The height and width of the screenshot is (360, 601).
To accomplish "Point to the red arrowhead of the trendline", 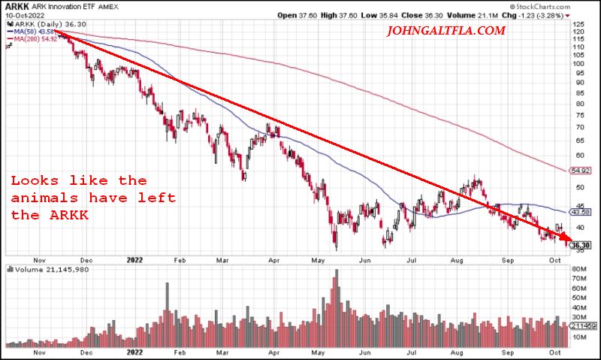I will click(566, 242).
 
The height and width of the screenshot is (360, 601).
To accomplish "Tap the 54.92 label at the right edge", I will click(579, 171).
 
